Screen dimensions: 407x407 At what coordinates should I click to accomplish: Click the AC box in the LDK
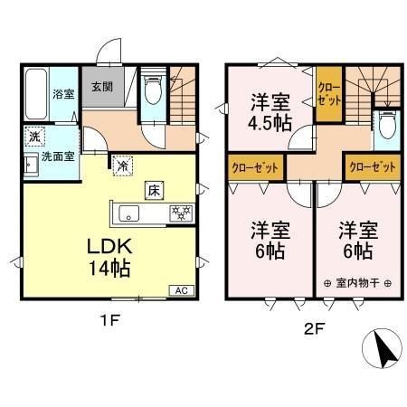(x=180, y=291)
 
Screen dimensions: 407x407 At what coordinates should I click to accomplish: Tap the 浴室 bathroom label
(x=62, y=93)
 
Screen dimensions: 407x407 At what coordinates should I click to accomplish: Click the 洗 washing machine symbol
(x=33, y=138)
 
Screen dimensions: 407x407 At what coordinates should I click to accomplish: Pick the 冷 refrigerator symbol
(x=122, y=165)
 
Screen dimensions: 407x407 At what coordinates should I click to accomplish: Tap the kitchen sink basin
(x=127, y=214)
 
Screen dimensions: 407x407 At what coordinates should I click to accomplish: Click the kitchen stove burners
(x=182, y=214)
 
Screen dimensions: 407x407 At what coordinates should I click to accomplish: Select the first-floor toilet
(x=151, y=89)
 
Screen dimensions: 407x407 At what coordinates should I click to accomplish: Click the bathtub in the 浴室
(x=35, y=97)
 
